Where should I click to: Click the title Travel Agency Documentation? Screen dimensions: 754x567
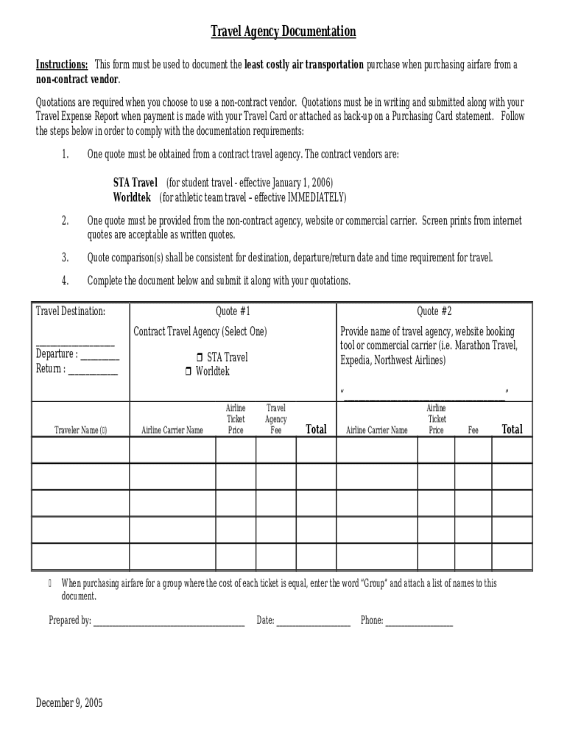pos(283,32)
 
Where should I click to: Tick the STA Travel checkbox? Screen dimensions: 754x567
pos(200,358)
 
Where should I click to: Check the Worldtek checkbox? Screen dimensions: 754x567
pos(189,372)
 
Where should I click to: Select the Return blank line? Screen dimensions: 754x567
pos(93,370)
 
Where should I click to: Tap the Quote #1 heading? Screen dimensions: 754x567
pos(233,311)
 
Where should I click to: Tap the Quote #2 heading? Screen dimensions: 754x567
pos(434,311)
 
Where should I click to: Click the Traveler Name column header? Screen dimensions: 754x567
pos(80,430)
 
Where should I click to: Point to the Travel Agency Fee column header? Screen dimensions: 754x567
pos(276,419)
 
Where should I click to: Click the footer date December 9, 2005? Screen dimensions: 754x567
pos(69,702)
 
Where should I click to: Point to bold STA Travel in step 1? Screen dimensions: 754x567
pos(135,183)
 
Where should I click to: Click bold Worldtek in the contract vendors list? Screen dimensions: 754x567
pos(132,197)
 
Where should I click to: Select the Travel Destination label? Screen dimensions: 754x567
pos(71,311)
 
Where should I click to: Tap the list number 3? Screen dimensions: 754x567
pos(65,258)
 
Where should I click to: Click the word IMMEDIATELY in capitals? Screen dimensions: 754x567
pos(314,197)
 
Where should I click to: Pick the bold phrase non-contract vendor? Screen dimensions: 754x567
pos(77,80)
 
